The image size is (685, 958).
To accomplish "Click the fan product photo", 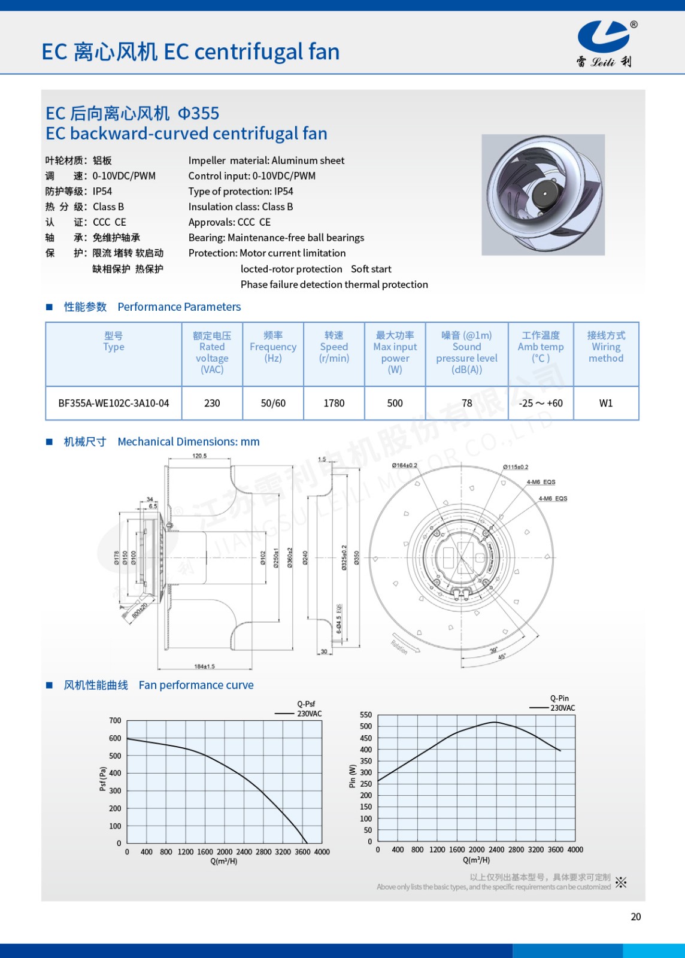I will click(x=543, y=195).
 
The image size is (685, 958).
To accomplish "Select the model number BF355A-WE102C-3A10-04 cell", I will click(x=114, y=404).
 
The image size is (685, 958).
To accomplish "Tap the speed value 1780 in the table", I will click(x=334, y=404).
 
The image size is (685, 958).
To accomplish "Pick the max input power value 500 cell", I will click(x=395, y=404).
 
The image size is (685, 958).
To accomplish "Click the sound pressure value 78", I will click(x=467, y=404).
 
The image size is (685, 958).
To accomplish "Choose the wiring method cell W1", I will click(x=606, y=404).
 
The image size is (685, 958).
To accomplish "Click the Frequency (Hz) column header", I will click(x=273, y=347).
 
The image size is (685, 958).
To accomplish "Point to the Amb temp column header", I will click(x=541, y=347).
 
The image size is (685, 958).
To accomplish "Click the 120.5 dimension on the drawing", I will click(x=199, y=456).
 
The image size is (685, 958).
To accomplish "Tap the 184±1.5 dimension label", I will click(x=204, y=666).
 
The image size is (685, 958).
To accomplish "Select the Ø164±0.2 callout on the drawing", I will click(x=404, y=465).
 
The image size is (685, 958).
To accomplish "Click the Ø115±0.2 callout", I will click(x=516, y=467).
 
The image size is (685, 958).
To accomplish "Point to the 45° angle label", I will click(x=502, y=657).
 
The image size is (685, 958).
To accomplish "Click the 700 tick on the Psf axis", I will click(x=115, y=721).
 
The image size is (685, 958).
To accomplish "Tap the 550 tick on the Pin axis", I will click(x=366, y=715).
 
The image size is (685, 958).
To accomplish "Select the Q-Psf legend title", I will click(x=306, y=704).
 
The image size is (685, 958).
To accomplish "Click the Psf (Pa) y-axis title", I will click(x=103, y=779).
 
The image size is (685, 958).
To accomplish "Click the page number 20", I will click(x=636, y=917).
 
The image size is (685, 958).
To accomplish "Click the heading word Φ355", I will click(x=199, y=113).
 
